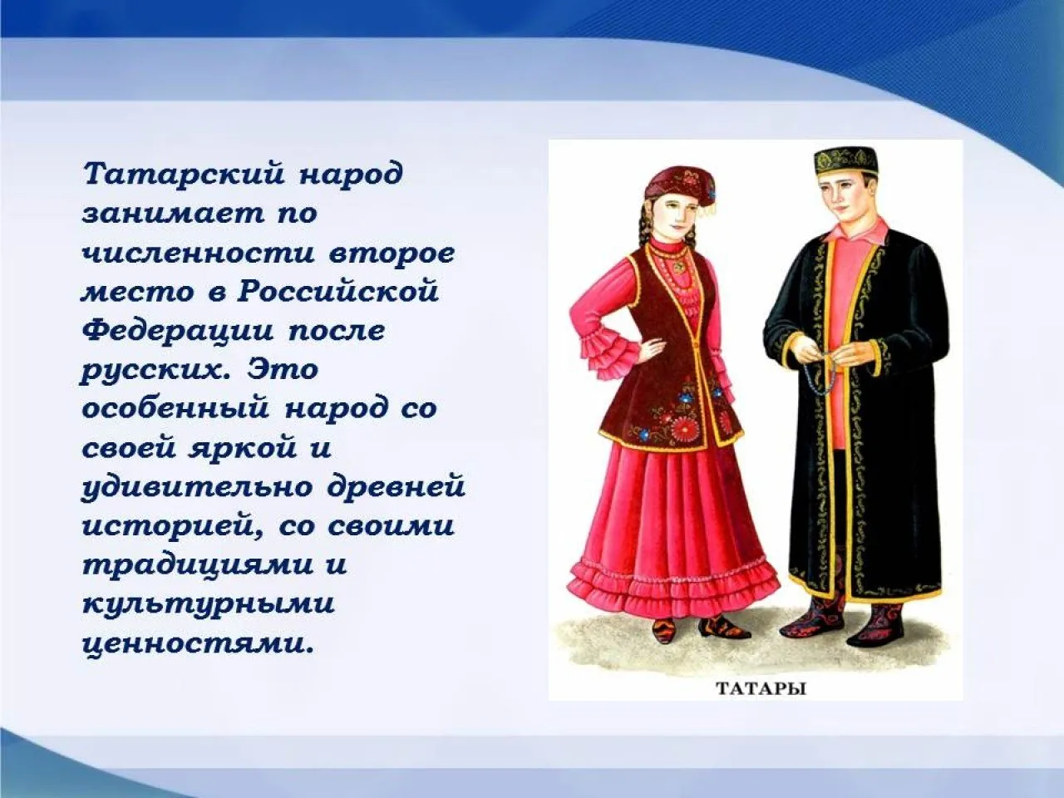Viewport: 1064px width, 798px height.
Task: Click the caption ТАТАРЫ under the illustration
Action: point(761,688)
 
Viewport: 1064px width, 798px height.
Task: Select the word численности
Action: point(197,253)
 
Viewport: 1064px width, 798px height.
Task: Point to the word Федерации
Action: point(177,330)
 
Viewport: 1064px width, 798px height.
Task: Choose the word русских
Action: point(153,369)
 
